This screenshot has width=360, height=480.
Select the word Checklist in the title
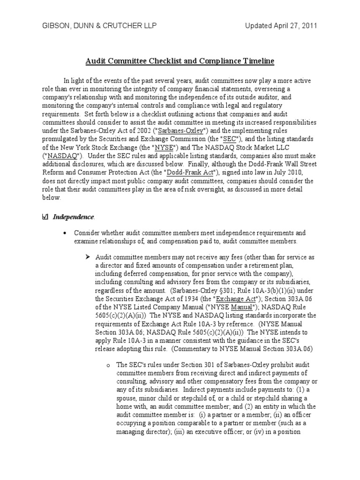click(x=158, y=61)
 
